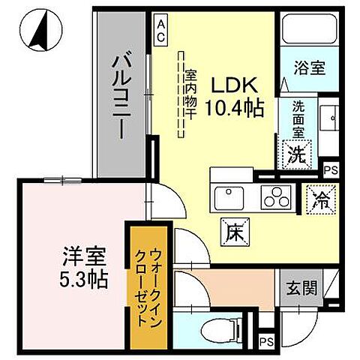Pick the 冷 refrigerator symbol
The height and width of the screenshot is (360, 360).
coord(319,200)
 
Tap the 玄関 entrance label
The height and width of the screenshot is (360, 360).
coord(302,289)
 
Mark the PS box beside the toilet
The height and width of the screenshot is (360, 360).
coord(265,343)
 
